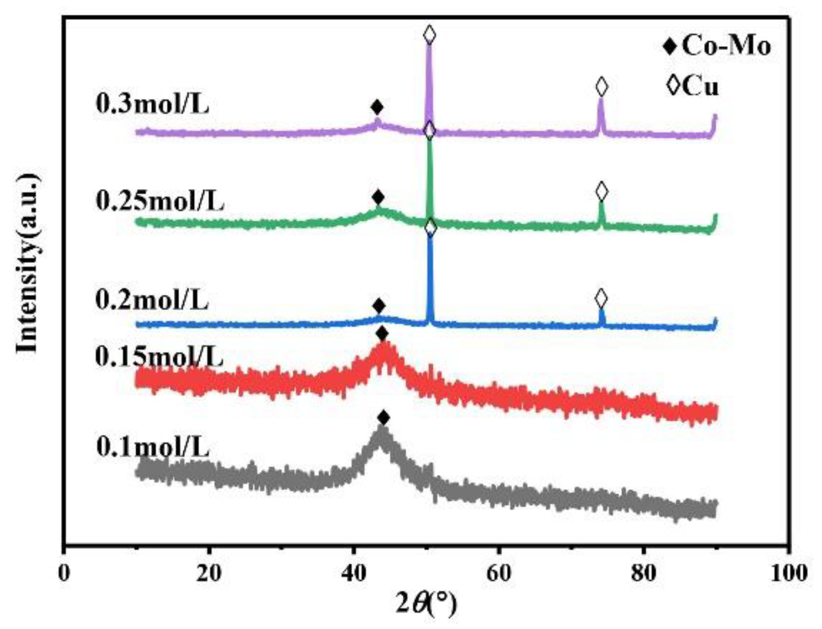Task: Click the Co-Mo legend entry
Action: (717, 47)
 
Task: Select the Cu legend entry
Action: (692, 86)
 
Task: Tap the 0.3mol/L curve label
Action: (153, 104)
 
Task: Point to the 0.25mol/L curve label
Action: (160, 201)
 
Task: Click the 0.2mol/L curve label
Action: (153, 301)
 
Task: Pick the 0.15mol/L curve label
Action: (159, 357)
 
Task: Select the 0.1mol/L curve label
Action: (153, 448)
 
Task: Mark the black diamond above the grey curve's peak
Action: (383, 418)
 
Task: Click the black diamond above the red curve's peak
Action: (382, 334)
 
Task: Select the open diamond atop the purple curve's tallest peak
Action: (429, 35)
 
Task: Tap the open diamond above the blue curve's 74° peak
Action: (601, 299)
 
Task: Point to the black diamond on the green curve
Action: (378, 198)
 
